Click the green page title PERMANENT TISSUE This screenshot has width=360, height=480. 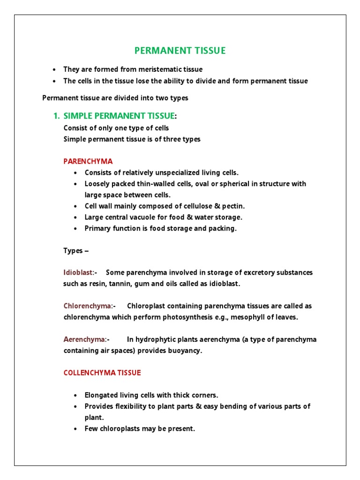tap(180, 51)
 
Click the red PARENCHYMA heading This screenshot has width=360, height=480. tap(88, 161)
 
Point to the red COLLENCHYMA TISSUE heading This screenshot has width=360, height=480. tap(102, 373)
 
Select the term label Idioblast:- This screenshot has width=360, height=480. tap(80, 272)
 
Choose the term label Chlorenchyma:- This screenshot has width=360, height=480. tap(90, 306)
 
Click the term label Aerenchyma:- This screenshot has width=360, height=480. tap(86, 339)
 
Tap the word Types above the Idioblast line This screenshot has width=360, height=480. tap(73, 250)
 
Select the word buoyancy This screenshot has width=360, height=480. tap(186, 351)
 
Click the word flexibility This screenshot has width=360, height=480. tap(128, 406)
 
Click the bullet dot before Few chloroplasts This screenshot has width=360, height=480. tap(75, 429)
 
